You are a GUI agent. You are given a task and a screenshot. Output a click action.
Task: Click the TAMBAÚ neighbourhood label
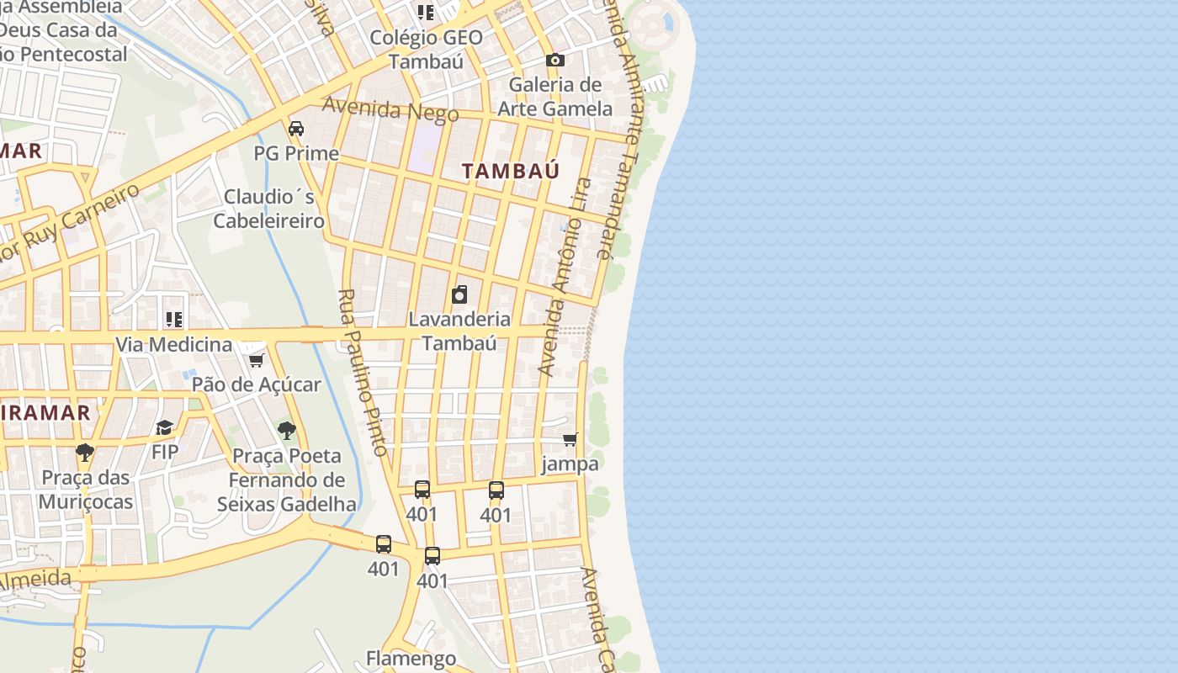pos(511,171)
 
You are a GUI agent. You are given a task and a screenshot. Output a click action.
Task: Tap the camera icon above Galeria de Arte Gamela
pos(555,60)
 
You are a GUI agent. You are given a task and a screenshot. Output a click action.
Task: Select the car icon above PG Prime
pos(296,129)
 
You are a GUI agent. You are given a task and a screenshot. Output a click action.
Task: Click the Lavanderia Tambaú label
pos(459,331)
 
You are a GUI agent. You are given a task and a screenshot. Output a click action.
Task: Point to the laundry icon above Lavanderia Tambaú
pos(459,294)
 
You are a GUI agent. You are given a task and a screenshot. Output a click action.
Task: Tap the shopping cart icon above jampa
pos(570,439)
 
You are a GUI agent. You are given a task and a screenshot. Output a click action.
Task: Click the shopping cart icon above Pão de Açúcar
pos(257,360)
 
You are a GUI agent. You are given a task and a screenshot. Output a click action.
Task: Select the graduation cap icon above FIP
pos(165,427)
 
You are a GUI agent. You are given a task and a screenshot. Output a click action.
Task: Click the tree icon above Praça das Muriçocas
pos(85,453)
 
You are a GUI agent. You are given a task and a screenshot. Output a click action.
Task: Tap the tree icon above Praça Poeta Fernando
pos(287,431)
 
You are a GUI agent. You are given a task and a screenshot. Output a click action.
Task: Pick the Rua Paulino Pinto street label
pos(363,372)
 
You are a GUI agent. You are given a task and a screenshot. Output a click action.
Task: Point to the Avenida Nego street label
pos(390,109)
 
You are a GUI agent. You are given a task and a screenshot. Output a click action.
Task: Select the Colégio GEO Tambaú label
pos(427,50)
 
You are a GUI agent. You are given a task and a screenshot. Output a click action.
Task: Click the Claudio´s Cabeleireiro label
pos(268,209)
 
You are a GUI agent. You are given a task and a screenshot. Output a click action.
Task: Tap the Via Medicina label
pos(173,344)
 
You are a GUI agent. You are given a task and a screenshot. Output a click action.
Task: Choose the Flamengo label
pos(411,658)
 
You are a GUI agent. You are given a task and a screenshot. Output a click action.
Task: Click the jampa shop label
pos(570,464)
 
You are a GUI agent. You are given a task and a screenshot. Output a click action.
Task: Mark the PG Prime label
pos(296,154)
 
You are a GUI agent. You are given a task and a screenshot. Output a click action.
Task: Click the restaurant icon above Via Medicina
pos(174,319)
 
